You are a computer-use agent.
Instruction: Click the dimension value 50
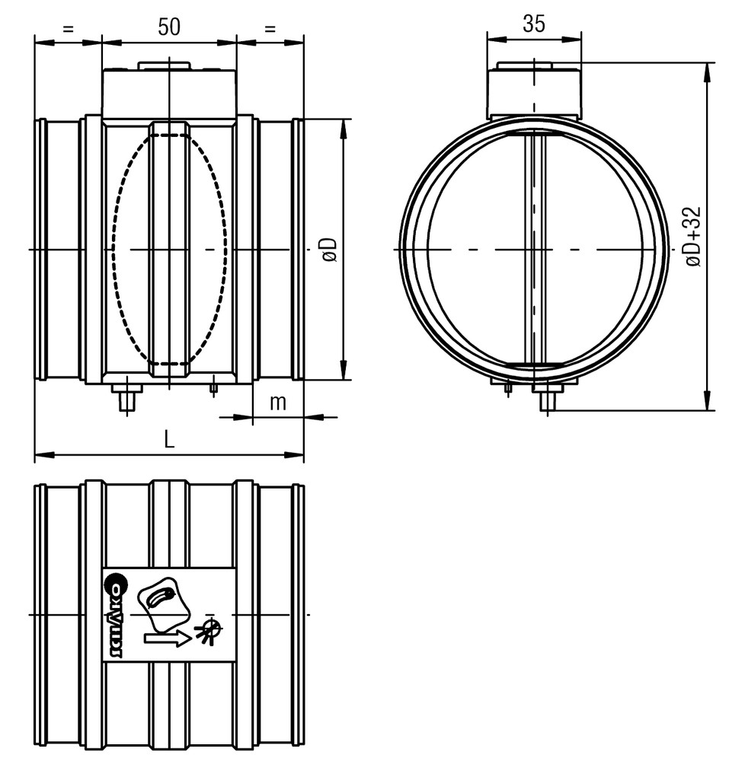point(169,26)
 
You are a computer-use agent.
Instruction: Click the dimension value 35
point(534,24)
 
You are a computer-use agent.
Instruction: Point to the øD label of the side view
point(330,250)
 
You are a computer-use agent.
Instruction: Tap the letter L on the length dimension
point(169,440)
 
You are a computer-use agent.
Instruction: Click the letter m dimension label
point(278,403)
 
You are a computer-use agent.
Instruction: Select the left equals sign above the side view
point(69,29)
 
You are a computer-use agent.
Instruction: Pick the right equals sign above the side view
point(270,29)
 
